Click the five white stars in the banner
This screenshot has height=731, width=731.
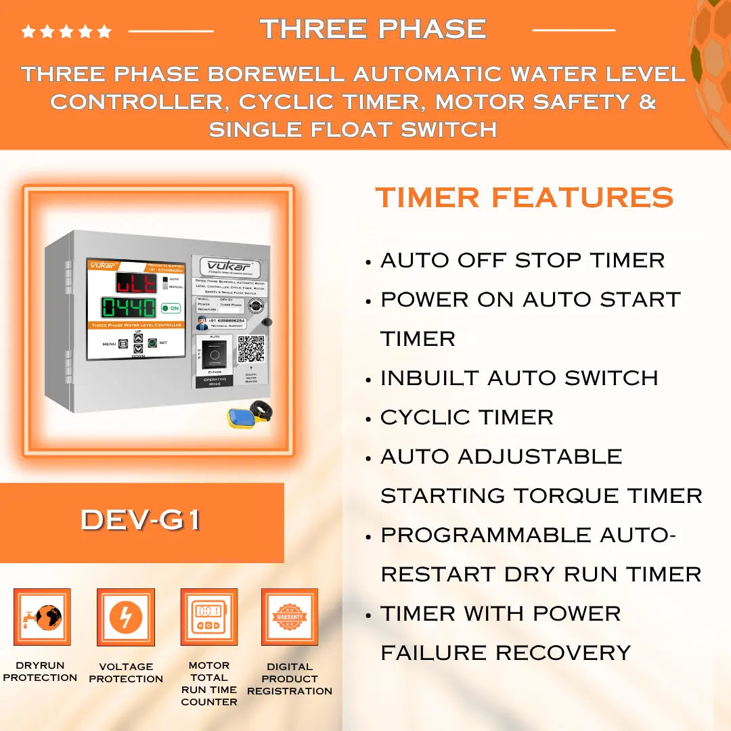point(66,31)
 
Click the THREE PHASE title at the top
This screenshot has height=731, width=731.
point(373,29)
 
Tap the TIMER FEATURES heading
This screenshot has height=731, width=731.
point(525,198)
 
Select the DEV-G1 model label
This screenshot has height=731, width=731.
point(141,520)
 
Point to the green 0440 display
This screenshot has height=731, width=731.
point(129,308)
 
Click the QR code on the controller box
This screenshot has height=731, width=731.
point(250,349)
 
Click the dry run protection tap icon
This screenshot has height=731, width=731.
point(41,617)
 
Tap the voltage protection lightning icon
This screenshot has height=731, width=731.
point(126,617)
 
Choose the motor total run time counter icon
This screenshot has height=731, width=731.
point(208,617)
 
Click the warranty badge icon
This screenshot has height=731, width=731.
point(290,617)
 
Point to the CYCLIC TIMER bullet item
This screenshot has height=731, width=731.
point(466,418)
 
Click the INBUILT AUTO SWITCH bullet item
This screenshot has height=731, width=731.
point(518,378)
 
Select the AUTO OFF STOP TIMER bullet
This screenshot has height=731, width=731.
point(522,261)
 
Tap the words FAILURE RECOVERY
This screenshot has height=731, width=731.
point(505,653)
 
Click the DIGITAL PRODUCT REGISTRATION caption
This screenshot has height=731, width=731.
point(290,679)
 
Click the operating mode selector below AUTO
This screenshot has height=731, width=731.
point(214,354)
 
